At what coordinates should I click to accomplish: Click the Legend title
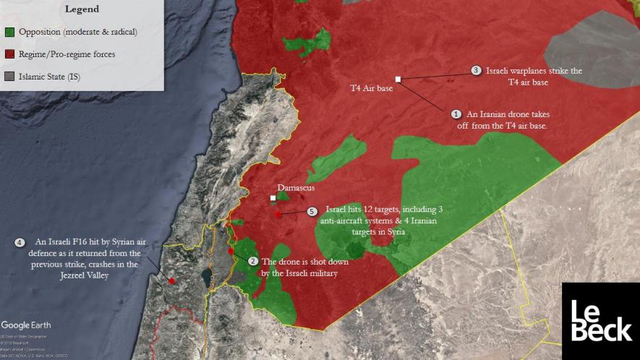[x=82, y=9]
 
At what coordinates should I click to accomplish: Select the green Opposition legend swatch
[x=9, y=33]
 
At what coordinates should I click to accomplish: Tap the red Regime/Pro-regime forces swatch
[x=9, y=54]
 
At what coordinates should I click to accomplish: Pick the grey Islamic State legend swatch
[x=9, y=77]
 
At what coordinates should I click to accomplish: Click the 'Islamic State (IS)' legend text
[x=49, y=77]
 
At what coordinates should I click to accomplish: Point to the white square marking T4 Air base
[x=398, y=79]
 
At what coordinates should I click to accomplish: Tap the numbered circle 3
[x=476, y=71]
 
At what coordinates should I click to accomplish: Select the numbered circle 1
[x=456, y=114]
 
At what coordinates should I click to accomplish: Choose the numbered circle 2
[x=252, y=262]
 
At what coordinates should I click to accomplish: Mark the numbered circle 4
[x=19, y=242]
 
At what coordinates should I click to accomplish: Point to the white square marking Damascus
[x=273, y=198]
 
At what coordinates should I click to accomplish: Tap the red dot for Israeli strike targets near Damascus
[x=278, y=215]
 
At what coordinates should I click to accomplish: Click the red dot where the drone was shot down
[x=231, y=251]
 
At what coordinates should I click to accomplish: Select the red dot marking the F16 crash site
[x=171, y=280]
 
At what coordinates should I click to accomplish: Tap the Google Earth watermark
[x=26, y=325]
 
